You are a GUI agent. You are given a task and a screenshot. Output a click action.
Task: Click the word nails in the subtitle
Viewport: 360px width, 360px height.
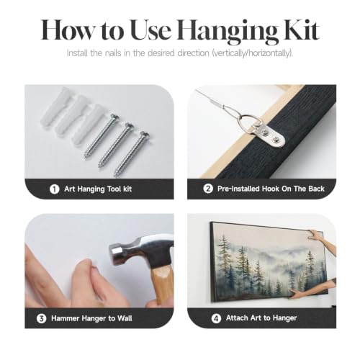(113, 53)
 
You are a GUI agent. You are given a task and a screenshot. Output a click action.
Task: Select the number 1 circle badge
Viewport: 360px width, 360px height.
(54, 189)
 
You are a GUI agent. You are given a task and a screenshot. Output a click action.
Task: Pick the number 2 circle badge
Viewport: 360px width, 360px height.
(208, 189)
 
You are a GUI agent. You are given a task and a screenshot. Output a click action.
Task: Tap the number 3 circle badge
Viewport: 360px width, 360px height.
(41, 318)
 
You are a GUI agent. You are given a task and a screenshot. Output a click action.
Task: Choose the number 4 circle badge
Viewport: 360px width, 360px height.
(216, 318)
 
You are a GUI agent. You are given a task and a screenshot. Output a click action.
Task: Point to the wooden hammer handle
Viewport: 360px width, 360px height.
(163, 286)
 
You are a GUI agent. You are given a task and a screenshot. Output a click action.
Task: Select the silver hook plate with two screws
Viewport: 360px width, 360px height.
(269, 135)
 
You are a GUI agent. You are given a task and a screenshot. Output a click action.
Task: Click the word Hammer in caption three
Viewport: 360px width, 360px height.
(65, 318)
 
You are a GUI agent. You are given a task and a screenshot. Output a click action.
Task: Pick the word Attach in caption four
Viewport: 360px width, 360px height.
(237, 318)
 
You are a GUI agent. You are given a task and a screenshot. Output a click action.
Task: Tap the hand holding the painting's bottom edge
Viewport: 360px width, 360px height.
(297, 293)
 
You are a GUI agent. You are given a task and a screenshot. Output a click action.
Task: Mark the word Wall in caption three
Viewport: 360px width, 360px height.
(125, 318)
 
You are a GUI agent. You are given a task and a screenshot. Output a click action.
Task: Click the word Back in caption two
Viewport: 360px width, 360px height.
(316, 189)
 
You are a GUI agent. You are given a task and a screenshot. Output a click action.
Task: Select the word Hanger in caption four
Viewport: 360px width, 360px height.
(284, 318)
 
